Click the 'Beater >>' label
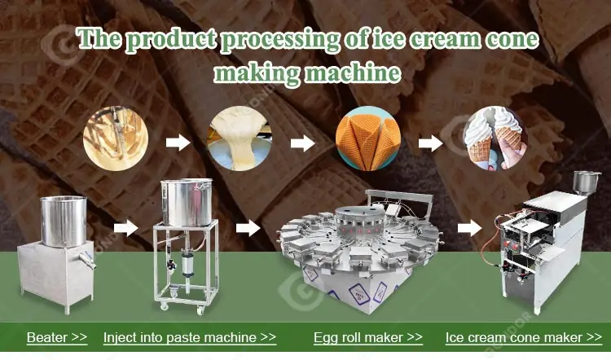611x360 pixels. coord(57,337)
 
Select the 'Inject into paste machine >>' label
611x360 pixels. coord(190,337)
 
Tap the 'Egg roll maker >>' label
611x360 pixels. coord(368,337)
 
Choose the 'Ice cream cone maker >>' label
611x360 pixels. coord(524,337)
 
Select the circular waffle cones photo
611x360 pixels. coord(368,142)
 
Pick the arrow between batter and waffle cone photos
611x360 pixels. coord(302,143)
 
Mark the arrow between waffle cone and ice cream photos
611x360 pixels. coord(430,143)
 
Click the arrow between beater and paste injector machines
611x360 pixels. coord(125,227)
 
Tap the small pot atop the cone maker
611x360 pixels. coord(585,181)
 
